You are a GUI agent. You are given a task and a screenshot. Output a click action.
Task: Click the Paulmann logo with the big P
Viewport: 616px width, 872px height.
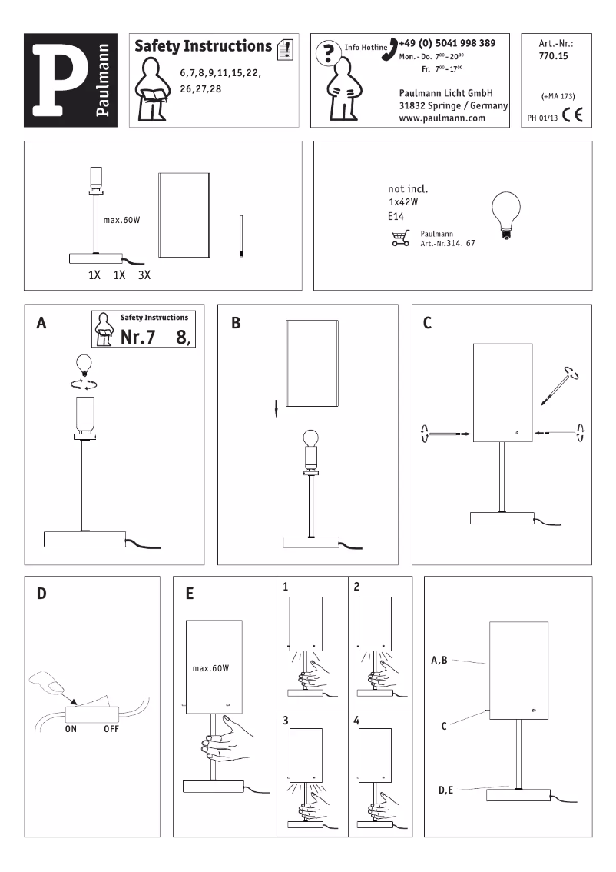coord(71,81)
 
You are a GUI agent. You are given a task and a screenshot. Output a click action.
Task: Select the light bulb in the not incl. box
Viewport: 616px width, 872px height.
coord(505,211)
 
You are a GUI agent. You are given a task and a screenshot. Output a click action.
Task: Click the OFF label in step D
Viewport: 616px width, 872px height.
coord(113,731)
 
